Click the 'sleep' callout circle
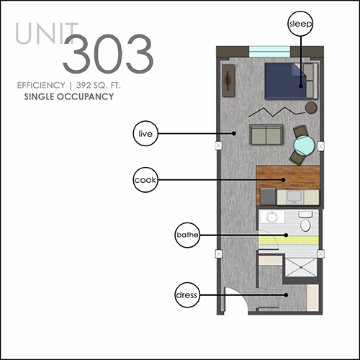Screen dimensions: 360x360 [x=300, y=24]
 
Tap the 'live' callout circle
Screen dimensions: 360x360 [x=145, y=133]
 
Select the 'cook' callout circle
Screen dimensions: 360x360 [x=145, y=180]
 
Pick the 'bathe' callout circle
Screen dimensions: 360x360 [x=187, y=235]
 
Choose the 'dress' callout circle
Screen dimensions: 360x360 [x=187, y=295]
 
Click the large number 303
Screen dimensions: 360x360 [x=108, y=54]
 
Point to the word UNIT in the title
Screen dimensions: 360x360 [x=47, y=34]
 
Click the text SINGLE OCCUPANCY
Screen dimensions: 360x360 [x=69, y=96]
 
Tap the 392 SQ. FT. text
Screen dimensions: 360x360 [x=98, y=85]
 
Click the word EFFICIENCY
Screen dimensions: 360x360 [x=41, y=85]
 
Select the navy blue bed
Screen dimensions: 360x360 [x=286, y=81]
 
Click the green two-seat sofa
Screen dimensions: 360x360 [x=266, y=135]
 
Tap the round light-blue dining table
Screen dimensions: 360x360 [x=304, y=145]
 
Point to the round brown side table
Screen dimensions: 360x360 [x=311, y=107]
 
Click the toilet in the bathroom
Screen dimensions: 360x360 [x=305, y=221]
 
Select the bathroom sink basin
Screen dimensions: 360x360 [x=271, y=217]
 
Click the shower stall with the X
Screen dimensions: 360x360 [x=301, y=267]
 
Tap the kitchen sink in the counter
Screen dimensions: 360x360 [x=294, y=197]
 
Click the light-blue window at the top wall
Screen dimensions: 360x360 [x=269, y=52]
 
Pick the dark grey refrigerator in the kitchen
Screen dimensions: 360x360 [x=268, y=196]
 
